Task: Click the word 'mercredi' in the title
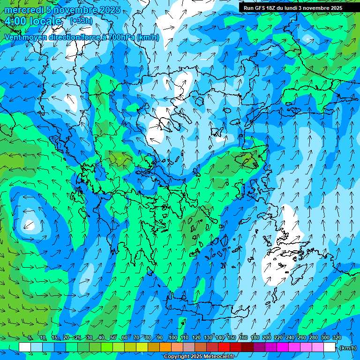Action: click(x=23, y=10)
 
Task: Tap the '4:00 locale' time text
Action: click(x=33, y=22)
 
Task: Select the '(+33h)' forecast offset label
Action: click(x=81, y=21)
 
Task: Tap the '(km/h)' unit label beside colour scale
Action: click(x=348, y=347)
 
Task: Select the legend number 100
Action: click(x=173, y=338)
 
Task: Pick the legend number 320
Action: click(x=337, y=338)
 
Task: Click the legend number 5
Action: click(x=30, y=338)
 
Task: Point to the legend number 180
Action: click(x=255, y=338)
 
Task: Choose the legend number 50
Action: click(x=113, y=338)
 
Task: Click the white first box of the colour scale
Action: click(x=25, y=347)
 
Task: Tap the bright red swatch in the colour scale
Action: click(x=224, y=347)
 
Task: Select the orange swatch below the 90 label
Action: click(x=165, y=347)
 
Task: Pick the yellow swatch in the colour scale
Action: click(x=142, y=347)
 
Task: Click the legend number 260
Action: click(x=302, y=338)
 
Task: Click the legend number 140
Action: click(x=220, y=338)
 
